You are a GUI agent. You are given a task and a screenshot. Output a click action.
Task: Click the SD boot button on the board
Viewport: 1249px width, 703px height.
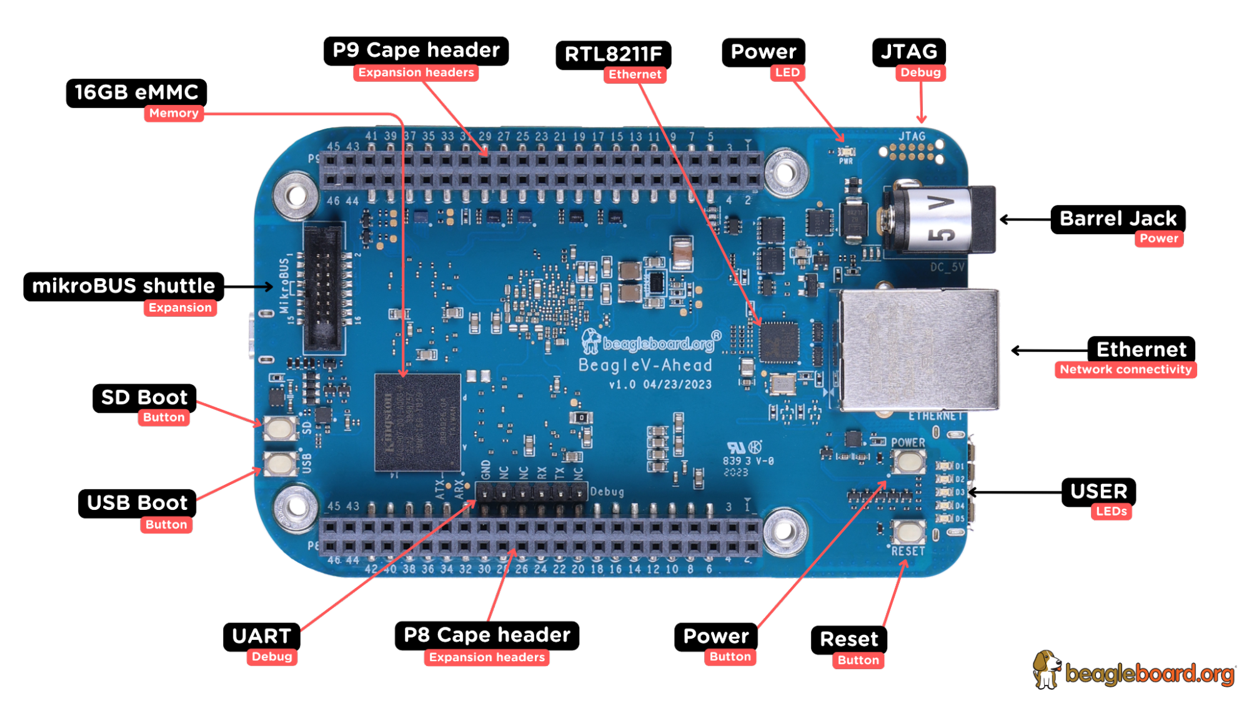pos(279,429)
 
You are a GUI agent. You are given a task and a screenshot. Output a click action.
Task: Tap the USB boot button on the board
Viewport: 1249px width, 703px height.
pos(279,464)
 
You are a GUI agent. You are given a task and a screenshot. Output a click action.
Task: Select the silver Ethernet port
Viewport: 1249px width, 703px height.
pos(918,350)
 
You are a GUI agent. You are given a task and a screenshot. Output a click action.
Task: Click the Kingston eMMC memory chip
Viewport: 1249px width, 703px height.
pos(417,422)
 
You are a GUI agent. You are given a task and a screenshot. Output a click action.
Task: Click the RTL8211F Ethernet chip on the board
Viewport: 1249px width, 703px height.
pos(779,342)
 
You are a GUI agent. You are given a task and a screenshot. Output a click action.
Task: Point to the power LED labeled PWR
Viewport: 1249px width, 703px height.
pos(846,152)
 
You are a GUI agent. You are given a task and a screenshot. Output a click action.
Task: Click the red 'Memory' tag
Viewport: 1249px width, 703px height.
pos(174,113)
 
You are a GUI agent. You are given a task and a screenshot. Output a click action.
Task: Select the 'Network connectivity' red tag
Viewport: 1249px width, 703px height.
pos(1125,369)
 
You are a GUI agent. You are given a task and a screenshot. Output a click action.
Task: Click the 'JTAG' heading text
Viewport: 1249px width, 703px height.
pos(909,51)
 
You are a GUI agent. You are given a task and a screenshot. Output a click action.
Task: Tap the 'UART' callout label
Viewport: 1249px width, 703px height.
pos(261,636)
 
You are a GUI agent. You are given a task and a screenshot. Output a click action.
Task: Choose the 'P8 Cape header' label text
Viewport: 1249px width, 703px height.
pos(487,635)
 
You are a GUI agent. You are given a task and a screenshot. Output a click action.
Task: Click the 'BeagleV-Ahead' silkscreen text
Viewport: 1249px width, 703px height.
pos(645,365)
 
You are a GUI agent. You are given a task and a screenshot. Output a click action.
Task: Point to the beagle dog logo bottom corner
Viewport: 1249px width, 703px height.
pos(1047,670)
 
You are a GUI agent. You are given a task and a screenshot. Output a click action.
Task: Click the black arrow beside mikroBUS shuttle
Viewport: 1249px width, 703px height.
pos(263,287)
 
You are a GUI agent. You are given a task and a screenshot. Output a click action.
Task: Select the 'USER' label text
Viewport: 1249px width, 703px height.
pos(1098,491)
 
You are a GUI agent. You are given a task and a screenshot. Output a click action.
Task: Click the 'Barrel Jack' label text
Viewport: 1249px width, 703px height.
pos(1118,219)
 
